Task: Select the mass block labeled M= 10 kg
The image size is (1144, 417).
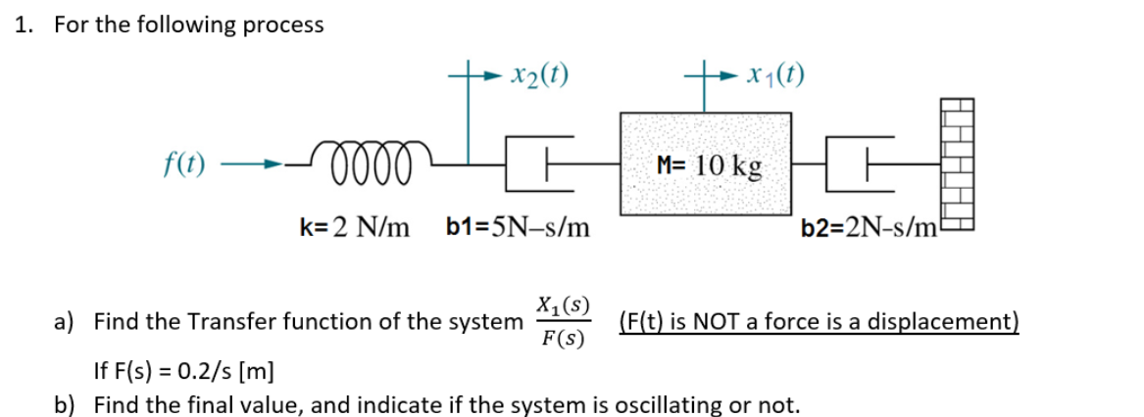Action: coord(705,163)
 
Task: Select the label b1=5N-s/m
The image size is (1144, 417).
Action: coord(518,228)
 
